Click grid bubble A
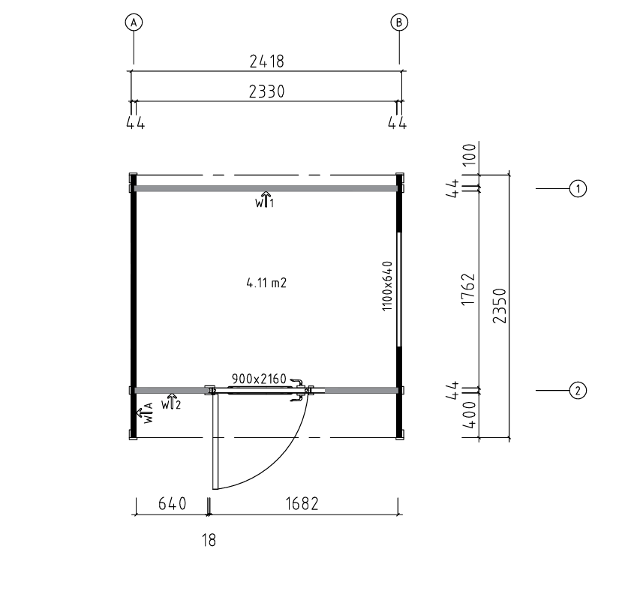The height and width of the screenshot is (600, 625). tap(134, 22)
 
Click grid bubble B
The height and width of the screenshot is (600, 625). tap(399, 22)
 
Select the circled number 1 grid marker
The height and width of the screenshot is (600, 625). tap(578, 188)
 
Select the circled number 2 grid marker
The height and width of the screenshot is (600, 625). tap(578, 391)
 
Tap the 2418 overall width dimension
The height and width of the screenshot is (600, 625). tap(266, 61)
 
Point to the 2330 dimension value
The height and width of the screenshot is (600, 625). tap(266, 91)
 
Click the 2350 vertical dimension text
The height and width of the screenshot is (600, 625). tap(499, 305)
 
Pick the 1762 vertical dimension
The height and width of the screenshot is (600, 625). tap(468, 289)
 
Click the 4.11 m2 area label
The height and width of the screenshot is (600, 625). tap(266, 283)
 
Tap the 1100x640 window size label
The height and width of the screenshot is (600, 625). tap(387, 286)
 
